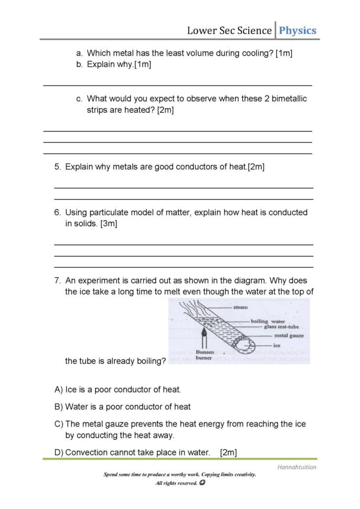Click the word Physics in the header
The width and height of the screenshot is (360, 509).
pos(298,30)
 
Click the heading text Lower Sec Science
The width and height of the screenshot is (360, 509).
pos(229,30)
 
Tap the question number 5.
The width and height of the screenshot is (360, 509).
pos(58,167)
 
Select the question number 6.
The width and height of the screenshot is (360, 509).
pos(58,213)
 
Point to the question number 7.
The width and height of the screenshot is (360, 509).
pos(58,281)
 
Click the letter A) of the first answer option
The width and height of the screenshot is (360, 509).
pos(59,389)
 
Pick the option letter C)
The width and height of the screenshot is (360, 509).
pos(59,424)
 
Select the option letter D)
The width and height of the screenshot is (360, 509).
pos(59,452)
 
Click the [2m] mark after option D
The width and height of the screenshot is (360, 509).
pos(229,452)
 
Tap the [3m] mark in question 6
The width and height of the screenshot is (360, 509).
pos(109,224)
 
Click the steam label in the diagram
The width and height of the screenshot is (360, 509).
pos(240,307)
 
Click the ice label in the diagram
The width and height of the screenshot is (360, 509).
pos(277,346)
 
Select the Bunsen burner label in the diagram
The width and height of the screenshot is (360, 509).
pos(204,355)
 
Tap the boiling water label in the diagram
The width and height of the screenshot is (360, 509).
pos(268,321)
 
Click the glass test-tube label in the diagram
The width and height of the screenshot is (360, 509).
pos(281,327)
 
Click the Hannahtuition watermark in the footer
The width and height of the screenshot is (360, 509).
pos(297,467)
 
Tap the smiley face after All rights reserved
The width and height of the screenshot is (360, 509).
pos(202,483)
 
